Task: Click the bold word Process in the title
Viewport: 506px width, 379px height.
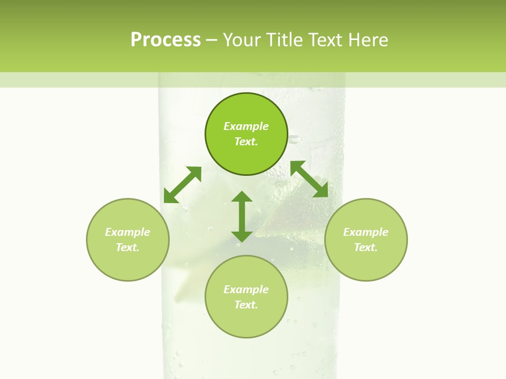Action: [x=166, y=40]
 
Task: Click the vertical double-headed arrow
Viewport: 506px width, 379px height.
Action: [x=242, y=216]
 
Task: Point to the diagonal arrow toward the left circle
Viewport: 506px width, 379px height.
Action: [x=182, y=185]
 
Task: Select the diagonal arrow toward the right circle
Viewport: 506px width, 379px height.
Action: [x=309, y=179]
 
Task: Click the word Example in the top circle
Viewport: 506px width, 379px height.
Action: [x=246, y=126]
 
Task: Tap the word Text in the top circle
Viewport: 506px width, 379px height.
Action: [x=246, y=142]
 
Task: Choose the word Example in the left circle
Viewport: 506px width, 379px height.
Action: [x=128, y=232]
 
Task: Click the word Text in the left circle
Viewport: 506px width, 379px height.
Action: [x=128, y=247]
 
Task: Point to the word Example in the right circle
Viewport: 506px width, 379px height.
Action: [x=366, y=232]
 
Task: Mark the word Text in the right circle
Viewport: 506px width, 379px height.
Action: [x=366, y=247]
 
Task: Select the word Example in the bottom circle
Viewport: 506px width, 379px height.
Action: [x=246, y=290]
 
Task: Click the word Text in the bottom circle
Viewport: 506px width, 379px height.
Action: [x=246, y=305]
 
